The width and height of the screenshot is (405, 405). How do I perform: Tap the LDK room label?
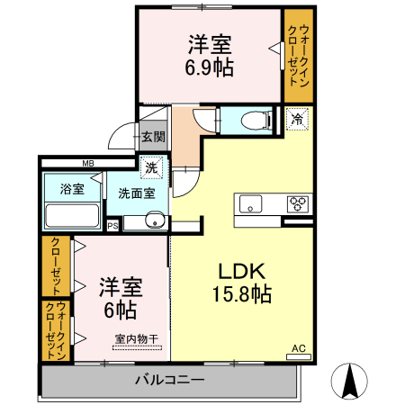(x=237, y=269)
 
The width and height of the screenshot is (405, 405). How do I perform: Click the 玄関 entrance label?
(x=153, y=138)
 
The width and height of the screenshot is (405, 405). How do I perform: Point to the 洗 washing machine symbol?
(x=152, y=166)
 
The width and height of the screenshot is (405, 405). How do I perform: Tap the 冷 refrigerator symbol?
(x=296, y=119)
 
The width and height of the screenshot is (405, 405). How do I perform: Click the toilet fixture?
(x=255, y=120)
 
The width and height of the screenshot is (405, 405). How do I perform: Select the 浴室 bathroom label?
(x=73, y=189)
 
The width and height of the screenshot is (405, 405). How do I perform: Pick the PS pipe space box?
(x=112, y=226)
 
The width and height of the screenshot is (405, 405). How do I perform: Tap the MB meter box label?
(x=88, y=163)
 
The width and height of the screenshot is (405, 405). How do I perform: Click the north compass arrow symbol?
(x=352, y=382)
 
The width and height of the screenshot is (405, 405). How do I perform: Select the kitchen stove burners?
(x=298, y=203)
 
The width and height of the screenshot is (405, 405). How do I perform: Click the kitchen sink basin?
(x=249, y=202)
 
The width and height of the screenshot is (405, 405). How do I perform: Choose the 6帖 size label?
(x=121, y=310)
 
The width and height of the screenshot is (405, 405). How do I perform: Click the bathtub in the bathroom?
(x=72, y=217)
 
